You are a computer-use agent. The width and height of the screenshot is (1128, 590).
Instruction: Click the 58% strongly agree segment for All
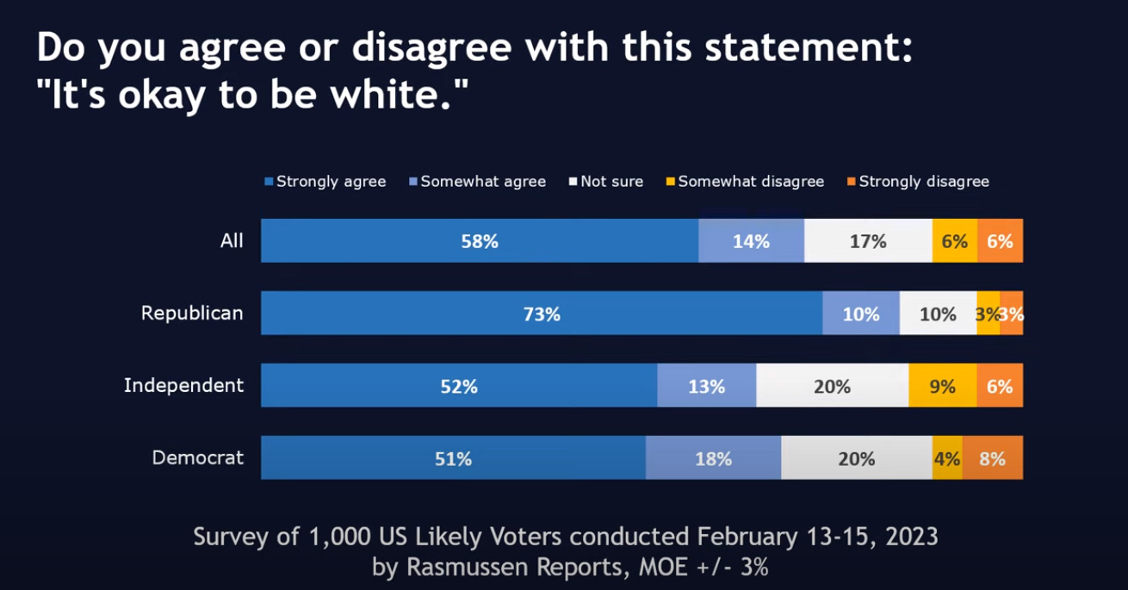pyautogui.click(x=480, y=241)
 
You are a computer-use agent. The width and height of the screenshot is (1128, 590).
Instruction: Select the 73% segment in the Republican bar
pyautogui.click(x=542, y=314)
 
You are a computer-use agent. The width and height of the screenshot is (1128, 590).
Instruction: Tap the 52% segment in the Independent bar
pyautogui.click(x=459, y=386)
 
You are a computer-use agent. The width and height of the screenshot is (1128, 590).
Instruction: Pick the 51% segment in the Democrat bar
pyautogui.click(x=453, y=458)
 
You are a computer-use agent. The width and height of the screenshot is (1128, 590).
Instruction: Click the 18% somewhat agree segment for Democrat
pyautogui.click(x=713, y=458)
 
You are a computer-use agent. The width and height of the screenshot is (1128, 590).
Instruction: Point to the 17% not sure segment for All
pyautogui.click(x=868, y=241)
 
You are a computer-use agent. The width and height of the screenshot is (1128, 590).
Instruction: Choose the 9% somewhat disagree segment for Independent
pyautogui.click(x=943, y=386)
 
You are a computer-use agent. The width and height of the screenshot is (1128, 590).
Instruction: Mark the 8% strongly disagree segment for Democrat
pyautogui.click(x=992, y=458)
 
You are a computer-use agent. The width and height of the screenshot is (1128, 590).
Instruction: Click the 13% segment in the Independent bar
pyautogui.click(x=706, y=386)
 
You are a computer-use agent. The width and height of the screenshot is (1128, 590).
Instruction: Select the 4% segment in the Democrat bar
pyautogui.click(x=947, y=458)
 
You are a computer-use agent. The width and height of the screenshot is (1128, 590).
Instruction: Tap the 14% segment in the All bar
pyautogui.click(x=751, y=241)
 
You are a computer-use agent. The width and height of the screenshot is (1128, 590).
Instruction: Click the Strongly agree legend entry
pyautogui.click(x=325, y=182)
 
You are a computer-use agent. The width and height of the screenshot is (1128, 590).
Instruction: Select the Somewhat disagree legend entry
pyautogui.click(x=745, y=182)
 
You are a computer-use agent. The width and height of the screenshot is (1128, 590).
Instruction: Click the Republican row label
pyautogui.click(x=192, y=314)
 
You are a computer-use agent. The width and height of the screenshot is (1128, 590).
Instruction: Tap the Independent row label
pyautogui.click(x=183, y=386)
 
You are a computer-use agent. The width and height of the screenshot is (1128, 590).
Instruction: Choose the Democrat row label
pyautogui.click(x=197, y=458)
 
